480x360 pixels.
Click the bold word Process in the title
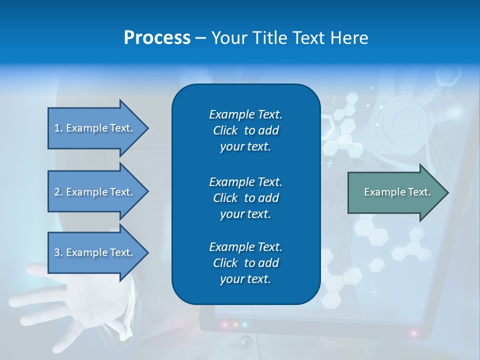point(157,38)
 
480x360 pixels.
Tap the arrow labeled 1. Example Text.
point(95,128)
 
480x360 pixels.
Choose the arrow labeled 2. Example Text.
point(95,192)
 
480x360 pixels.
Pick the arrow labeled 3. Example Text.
point(95,252)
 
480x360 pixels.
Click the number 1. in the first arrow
point(58,128)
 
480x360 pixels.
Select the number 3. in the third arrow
point(58,252)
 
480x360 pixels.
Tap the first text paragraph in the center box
point(245,130)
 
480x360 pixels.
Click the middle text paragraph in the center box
point(245,197)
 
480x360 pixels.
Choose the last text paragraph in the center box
point(245,263)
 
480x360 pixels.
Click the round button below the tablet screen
point(245,343)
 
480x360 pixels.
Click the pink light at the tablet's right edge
point(413,332)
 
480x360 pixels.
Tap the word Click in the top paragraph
point(225,130)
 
